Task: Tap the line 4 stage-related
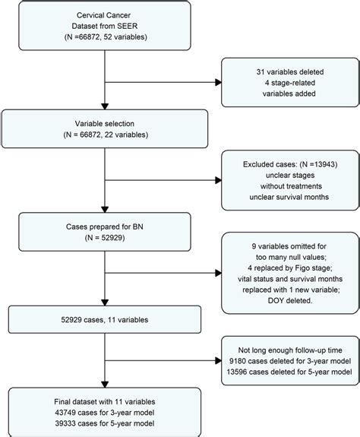pos(287,84)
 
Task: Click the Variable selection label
pos(101,123)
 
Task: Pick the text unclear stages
pos(287,176)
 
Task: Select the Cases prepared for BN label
pos(101,225)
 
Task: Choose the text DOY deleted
pos(287,308)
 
